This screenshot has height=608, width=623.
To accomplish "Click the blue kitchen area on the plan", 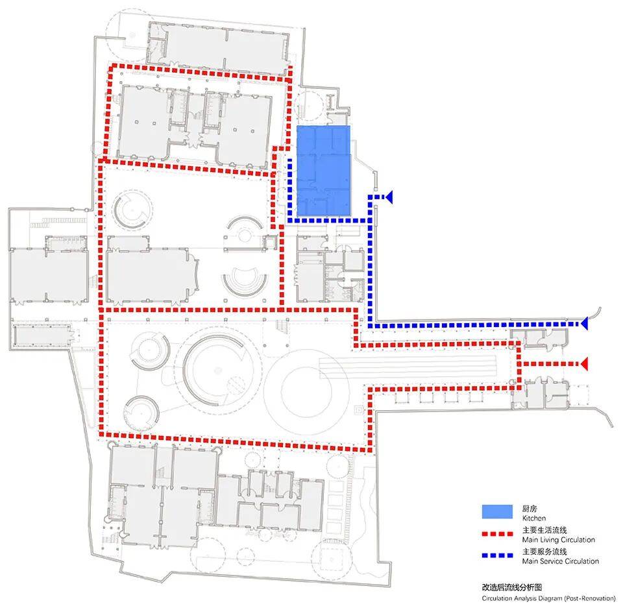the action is click(x=324, y=171).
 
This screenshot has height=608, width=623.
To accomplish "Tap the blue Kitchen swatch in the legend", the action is click(x=497, y=512).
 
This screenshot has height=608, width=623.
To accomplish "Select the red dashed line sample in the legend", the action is click(x=497, y=533).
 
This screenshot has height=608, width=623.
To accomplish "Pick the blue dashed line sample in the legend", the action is click(x=497, y=555).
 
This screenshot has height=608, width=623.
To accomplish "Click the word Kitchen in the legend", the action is click(x=534, y=518).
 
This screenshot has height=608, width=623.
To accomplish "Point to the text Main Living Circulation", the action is click(x=559, y=540).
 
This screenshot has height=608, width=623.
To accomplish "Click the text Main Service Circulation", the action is click(x=561, y=561).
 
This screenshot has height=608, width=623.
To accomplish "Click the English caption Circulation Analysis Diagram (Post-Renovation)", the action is click(x=549, y=598).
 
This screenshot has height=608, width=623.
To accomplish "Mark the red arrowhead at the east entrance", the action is click(x=584, y=363).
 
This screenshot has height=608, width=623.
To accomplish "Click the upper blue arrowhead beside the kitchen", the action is click(x=389, y=197).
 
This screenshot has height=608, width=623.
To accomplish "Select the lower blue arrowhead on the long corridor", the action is click(x=584, y=324).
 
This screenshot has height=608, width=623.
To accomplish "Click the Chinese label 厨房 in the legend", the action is click(x=530, y=509).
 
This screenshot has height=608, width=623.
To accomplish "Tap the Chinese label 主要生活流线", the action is click(x=544, y=530).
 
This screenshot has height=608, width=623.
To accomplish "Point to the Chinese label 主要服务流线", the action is click(x=544, y=552).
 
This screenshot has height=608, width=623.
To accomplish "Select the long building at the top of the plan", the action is click(x=219, y=45).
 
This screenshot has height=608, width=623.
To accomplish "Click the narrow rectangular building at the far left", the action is click(x=42, y=335).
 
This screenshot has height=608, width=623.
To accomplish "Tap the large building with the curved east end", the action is click(x=153, y=274).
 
